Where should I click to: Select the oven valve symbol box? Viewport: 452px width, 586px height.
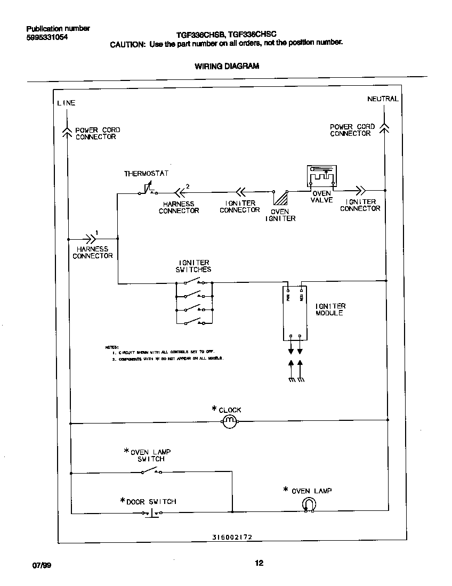(321, 176)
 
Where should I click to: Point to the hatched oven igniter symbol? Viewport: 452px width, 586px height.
(280, 198)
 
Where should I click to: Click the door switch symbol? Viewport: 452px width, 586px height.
(152, 512)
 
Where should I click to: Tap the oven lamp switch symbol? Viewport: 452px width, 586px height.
(152, 471)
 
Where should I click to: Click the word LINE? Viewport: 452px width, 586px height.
(67, 103)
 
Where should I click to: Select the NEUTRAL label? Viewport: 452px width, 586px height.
(382, 99)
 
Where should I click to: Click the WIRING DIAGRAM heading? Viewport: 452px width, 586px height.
(227, 67)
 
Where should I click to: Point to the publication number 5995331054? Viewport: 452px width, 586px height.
(47, 38)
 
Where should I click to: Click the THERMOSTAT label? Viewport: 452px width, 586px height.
(146, 174)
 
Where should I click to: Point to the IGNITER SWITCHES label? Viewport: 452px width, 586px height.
(193, 266)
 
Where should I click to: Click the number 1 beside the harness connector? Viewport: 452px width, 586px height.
(96, 232)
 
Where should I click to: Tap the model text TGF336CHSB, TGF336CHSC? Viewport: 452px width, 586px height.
(227, 33)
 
